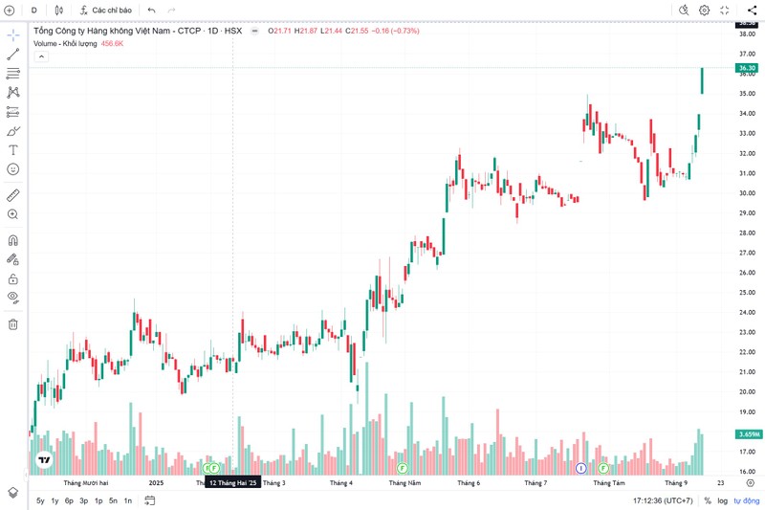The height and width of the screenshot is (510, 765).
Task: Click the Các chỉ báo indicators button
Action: pos(105,10)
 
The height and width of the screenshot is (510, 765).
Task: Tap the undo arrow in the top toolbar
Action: pos(151,10)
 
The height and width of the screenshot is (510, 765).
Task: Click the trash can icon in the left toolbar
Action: pos(13,324)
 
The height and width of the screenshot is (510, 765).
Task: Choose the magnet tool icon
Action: pos(13,240)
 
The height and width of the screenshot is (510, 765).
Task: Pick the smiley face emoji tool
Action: pos(13,168)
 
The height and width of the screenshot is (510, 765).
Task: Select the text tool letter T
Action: pos(13,150)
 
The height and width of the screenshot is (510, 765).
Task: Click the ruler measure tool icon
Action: pos(13,195)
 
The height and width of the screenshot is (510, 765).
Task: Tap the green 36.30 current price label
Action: pos(747,68)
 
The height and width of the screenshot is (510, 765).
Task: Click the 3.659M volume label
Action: pos(748,434)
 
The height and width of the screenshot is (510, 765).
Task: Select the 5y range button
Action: pos(40,500)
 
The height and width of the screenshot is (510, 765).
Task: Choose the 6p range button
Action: pos(69,500)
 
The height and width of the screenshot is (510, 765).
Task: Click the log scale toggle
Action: pos(722,500)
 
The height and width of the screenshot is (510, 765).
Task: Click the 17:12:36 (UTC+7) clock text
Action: pos(663,500)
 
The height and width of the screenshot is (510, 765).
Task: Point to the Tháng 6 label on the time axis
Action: pos(469,483)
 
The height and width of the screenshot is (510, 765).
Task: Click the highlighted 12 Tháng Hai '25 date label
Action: pos(233,483)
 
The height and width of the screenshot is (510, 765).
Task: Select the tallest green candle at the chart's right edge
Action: pos(703,80)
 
